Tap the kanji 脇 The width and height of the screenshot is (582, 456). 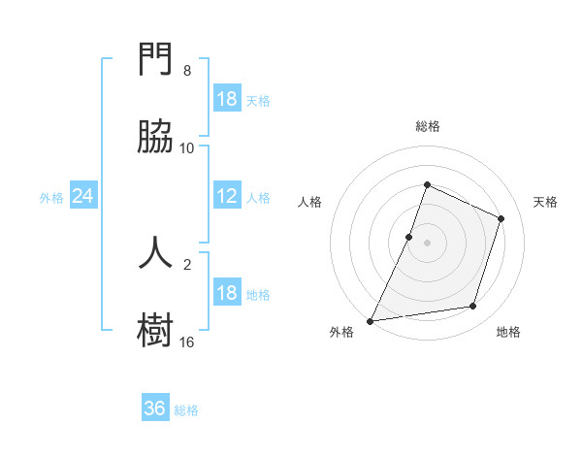155,138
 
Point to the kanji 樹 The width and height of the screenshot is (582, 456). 155,330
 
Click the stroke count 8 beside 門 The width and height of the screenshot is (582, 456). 187,71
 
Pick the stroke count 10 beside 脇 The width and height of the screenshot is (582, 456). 187,147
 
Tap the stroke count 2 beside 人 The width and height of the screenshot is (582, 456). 187,262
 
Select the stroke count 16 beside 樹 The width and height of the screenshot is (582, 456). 187,342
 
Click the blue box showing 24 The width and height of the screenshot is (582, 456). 83,197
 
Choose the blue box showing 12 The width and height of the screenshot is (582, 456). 227,197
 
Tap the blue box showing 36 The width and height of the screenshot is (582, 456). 155,408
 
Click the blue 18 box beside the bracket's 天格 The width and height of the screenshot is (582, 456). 227,99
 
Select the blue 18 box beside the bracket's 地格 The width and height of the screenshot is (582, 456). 227,293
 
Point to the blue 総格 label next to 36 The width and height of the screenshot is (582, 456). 187,410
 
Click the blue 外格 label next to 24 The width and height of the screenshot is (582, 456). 51,198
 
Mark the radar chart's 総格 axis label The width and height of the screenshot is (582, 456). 428,126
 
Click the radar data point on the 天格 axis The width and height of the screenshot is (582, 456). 501,218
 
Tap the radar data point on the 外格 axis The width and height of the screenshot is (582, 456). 371,320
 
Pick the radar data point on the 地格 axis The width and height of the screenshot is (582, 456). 473,306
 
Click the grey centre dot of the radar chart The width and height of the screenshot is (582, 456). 428,243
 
